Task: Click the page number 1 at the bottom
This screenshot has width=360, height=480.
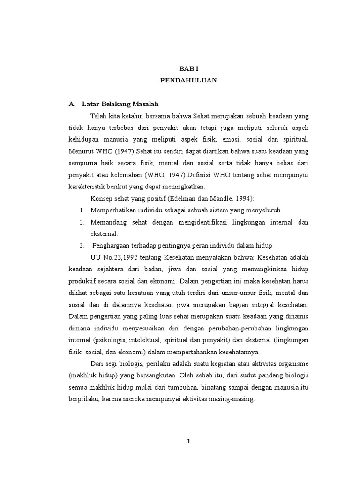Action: [188, 441]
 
